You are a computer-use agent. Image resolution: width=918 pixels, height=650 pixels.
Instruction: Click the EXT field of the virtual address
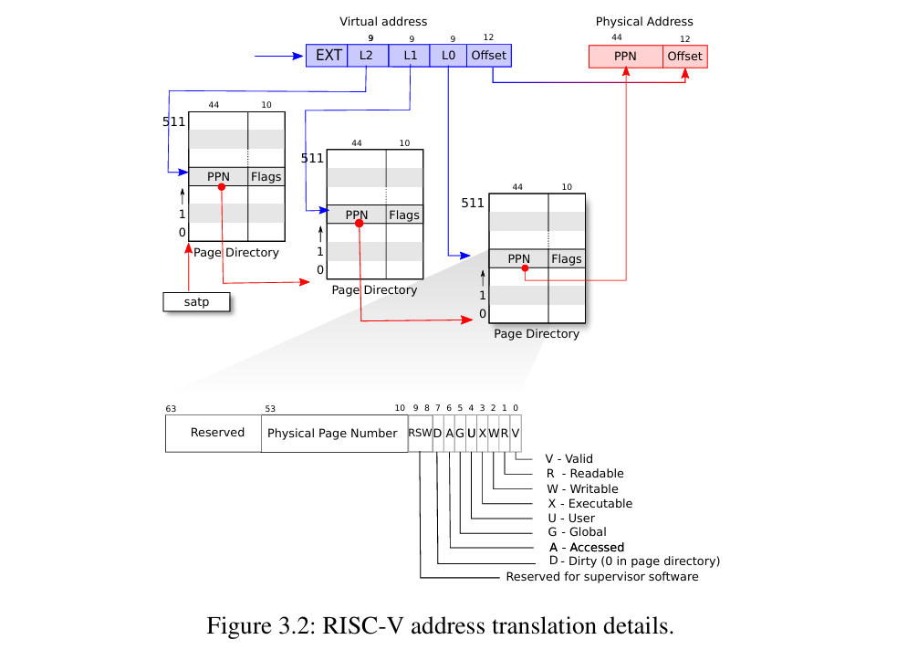(327, 56)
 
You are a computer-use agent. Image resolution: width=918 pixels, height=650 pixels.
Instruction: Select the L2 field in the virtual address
(368, 56)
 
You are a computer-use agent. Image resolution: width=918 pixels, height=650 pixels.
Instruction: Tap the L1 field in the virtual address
(409, 56)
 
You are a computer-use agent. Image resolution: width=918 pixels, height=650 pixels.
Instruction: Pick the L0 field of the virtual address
(448, 56)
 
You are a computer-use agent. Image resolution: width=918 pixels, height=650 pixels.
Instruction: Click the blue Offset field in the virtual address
(489, 56)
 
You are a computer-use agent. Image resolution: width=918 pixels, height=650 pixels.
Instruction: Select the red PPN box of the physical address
(626, 57)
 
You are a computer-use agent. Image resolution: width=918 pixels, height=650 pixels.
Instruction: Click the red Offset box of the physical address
(685, 57)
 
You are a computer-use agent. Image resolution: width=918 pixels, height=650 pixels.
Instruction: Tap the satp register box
(196, 302)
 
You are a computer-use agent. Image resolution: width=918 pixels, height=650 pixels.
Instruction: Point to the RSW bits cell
(420, 434)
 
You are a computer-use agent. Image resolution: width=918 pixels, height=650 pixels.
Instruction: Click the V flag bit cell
(516, 434)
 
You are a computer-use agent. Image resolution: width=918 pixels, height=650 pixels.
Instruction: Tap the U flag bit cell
(471, 434)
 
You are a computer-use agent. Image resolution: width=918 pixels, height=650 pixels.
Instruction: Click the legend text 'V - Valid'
(569, 458)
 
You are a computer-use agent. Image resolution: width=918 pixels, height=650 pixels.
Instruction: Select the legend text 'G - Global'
(578, 531)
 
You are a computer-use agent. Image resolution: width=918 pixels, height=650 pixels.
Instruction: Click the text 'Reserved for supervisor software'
(602, 577)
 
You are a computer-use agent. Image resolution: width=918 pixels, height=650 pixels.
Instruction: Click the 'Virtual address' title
(383, 22)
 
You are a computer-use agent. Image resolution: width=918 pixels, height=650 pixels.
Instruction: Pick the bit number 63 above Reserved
(171, 409)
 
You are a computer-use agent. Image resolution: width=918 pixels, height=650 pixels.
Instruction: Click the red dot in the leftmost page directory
(222, 187)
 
